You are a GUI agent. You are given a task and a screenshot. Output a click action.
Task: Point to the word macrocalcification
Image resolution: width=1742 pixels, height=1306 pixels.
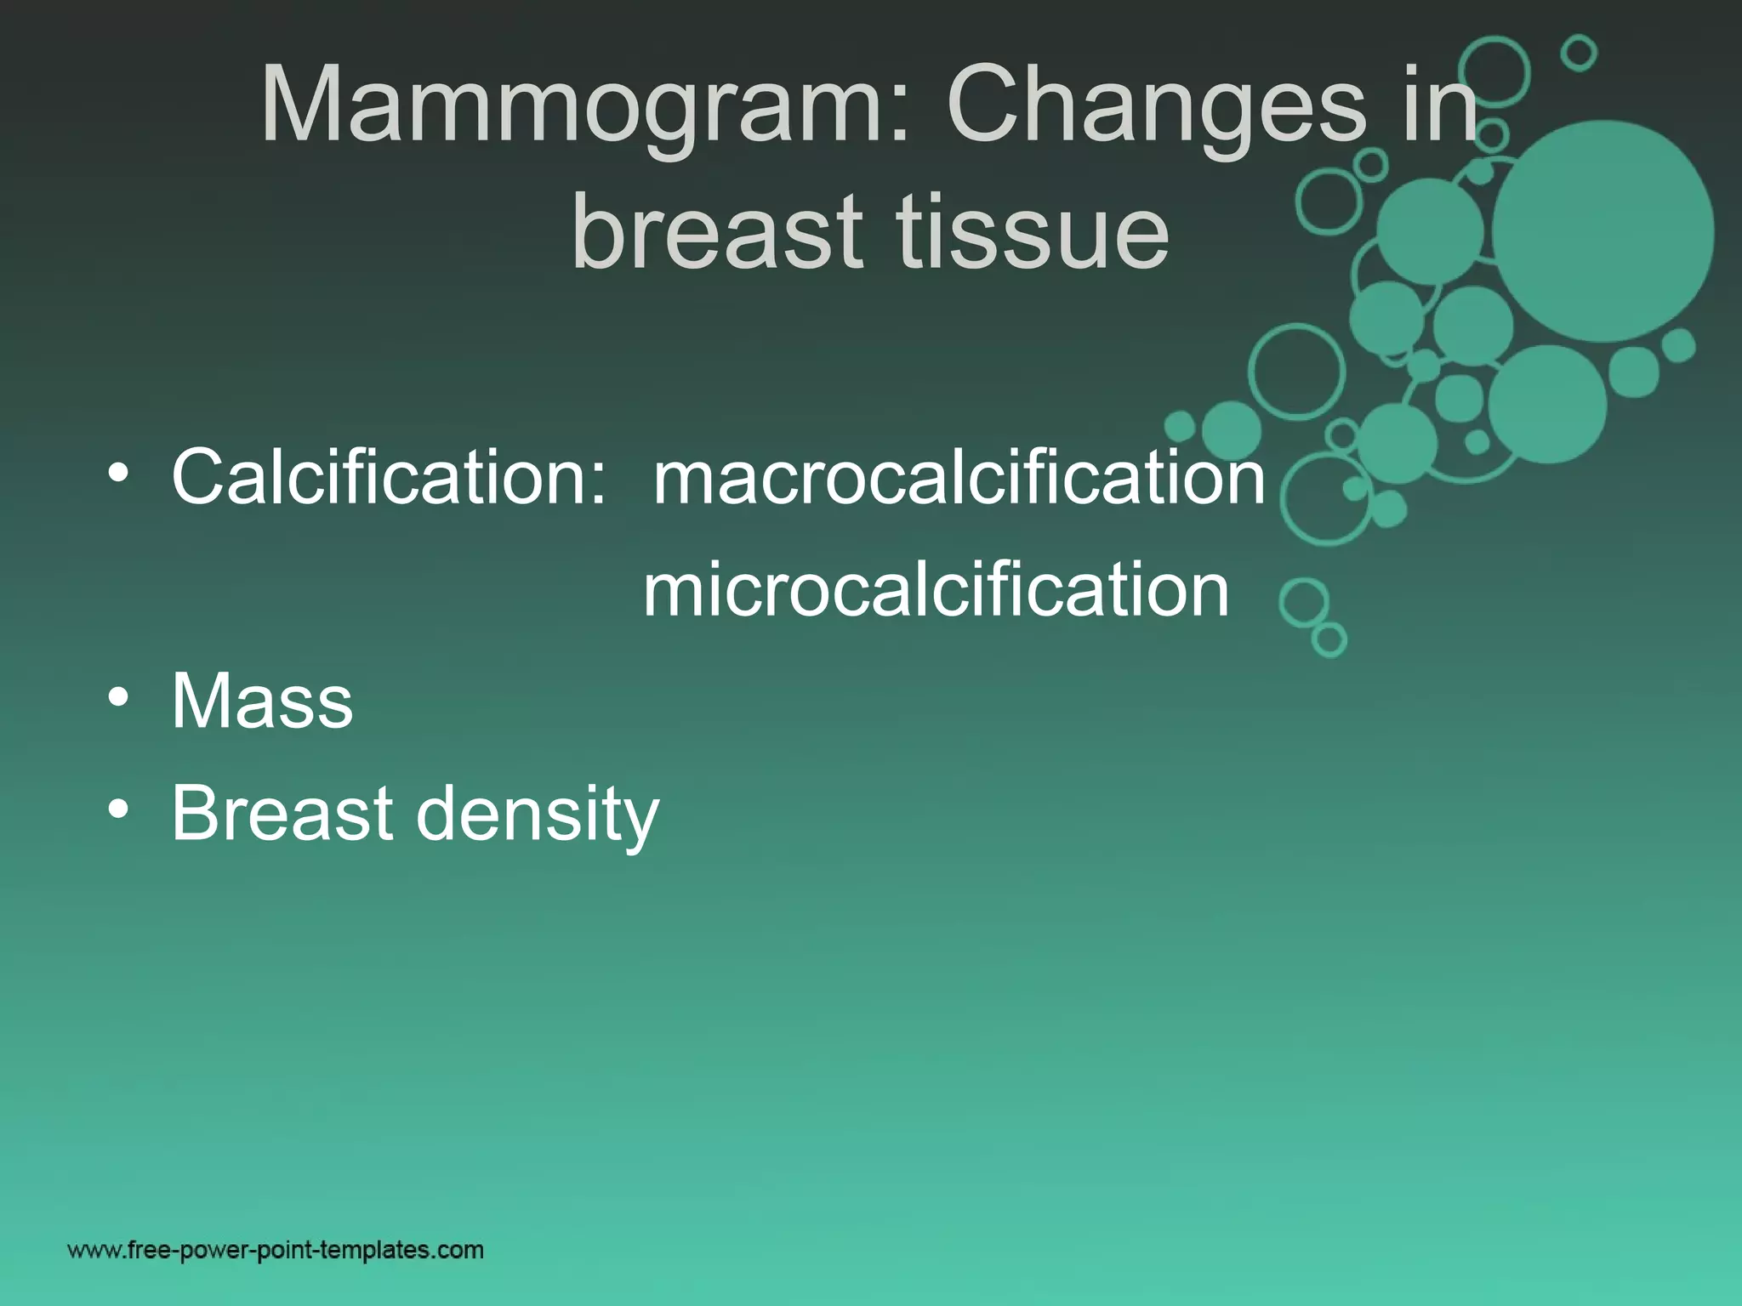point(959,478)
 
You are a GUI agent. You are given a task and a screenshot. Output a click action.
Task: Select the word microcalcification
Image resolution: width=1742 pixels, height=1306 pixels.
point(936,590)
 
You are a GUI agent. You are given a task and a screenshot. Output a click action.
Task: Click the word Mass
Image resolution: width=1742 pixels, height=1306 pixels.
point(262,701)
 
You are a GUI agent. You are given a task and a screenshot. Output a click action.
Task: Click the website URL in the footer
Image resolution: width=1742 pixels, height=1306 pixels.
point(276,1250)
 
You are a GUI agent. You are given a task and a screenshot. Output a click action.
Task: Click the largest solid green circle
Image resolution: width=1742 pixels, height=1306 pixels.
point(1603,231)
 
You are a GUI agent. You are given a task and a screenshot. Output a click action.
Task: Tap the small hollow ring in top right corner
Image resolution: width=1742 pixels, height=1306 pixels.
point(1579,53)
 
